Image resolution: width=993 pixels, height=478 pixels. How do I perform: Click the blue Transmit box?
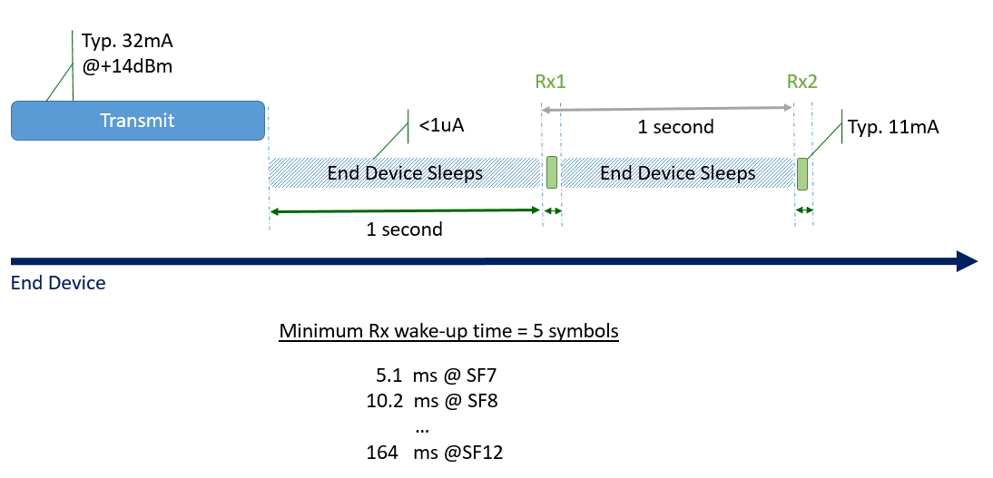pyautogui.click(x=137, y=121)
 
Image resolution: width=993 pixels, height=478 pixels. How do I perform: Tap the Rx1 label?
pyautogui.click(x=550, y=82)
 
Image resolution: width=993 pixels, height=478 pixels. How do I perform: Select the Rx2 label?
pyautogui.click(x=801, y=82)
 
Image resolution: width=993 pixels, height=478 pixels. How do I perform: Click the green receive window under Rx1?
pyautogui.click(x=551, y=172)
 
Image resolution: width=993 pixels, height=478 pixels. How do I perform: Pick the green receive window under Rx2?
pyautogui.click(x=802, y=173)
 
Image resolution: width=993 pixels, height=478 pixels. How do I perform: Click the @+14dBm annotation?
pyautogui.click(x=127, y=65)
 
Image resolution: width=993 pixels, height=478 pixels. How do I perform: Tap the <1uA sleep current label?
pyautogui.click(x=441, y=125)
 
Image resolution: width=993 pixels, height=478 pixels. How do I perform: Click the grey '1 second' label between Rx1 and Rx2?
pyautogui.click(x=675, y=127)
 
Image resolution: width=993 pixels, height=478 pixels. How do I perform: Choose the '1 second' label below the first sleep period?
pyautogui.click(x=404, y=229)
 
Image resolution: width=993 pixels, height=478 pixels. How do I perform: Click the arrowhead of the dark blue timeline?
pyautogui.click(x=968, y=261)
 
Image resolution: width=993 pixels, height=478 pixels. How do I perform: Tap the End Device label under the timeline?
pyautogui.click(x=58, y=283)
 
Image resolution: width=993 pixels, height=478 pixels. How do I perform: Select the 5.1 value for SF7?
pyautogui.click(x=389, y=376)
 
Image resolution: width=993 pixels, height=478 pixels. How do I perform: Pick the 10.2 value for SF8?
pyautogui.click(x=385, y=401)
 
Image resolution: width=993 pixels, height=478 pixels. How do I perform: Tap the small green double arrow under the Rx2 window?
pyautogui.click(x=803, y=210)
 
